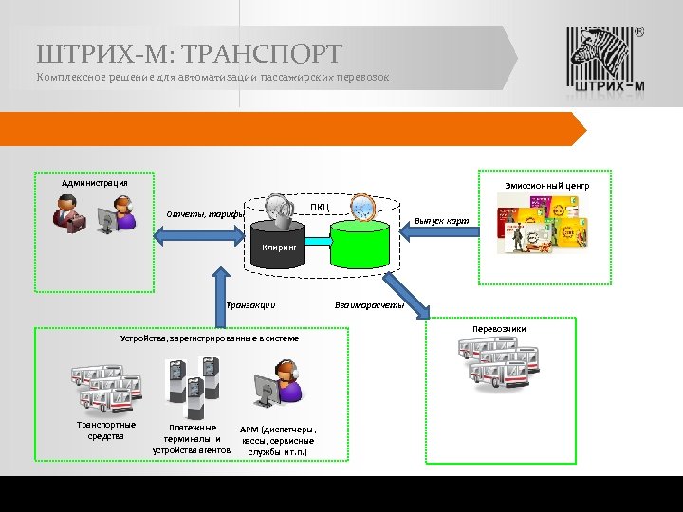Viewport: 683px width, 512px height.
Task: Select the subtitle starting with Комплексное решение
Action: click(x=212, y=76)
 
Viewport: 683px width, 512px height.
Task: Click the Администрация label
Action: click(x=95, y=183)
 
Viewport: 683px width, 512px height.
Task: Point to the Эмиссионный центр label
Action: click(x=545, y=186)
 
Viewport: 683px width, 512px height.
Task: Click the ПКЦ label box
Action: click(x=320, y=208)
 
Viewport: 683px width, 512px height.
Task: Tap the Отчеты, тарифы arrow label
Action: click(x=205, y=213)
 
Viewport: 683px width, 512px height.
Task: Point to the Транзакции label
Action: click(x=250, y=305)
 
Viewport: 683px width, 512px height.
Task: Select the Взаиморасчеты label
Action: click(x=370, y=305)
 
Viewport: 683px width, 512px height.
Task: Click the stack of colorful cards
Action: click(x=538, y=225)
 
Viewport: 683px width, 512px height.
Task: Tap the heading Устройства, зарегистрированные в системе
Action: click(x=209, y=338)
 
